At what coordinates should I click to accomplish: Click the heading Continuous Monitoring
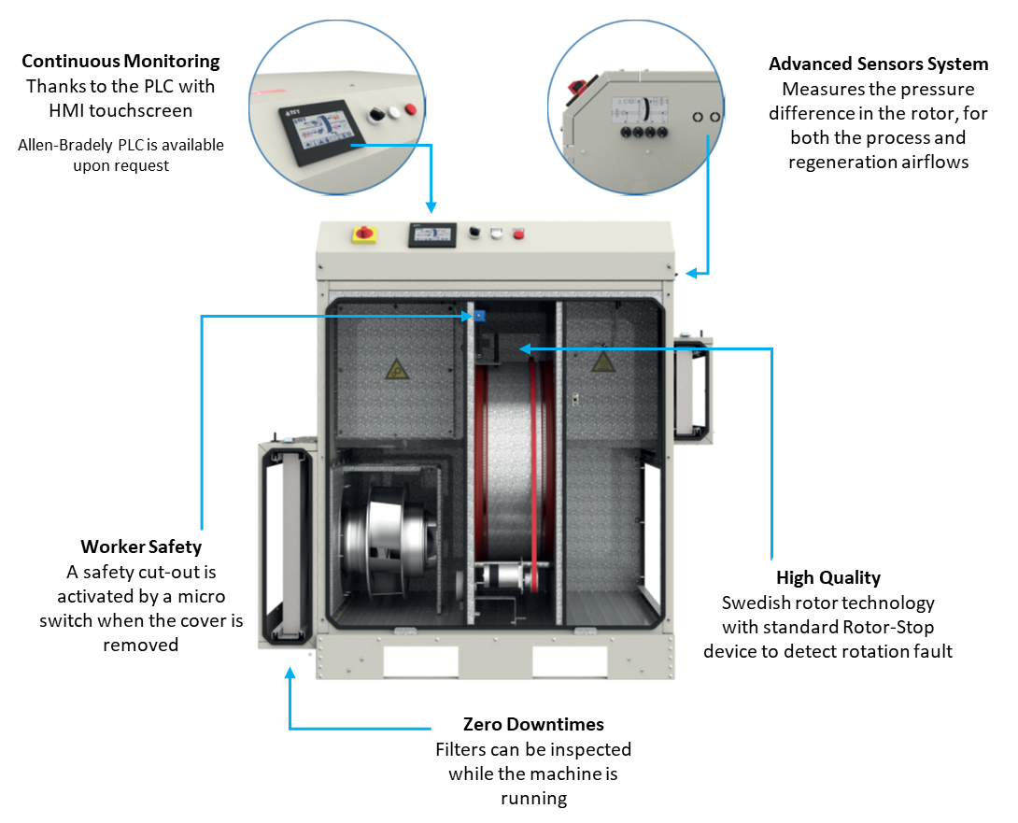tap(120, 62)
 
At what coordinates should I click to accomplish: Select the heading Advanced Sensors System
tap(878, 64)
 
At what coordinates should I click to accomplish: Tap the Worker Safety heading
tap(141, 546)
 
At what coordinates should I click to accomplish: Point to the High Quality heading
tap(828, 577)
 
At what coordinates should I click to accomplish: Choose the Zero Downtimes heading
tap(533, 724)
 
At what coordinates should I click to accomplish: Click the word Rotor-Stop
tap(885, 627)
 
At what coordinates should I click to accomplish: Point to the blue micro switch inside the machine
tap(478, 315)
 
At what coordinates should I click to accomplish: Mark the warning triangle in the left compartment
tap(397, 367)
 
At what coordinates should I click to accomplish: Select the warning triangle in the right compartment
tap(603, 360)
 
